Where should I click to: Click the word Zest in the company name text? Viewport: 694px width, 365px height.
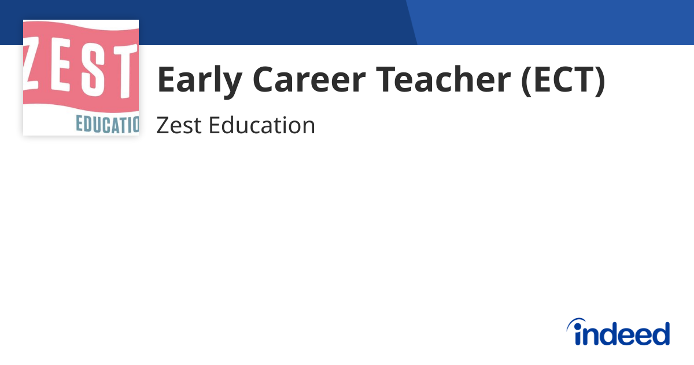pos(178,126)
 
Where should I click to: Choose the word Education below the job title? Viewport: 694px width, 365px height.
pos(261,126)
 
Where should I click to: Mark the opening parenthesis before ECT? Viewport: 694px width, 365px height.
pos(526,81)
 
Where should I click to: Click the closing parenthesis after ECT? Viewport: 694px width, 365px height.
pos(600,81)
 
